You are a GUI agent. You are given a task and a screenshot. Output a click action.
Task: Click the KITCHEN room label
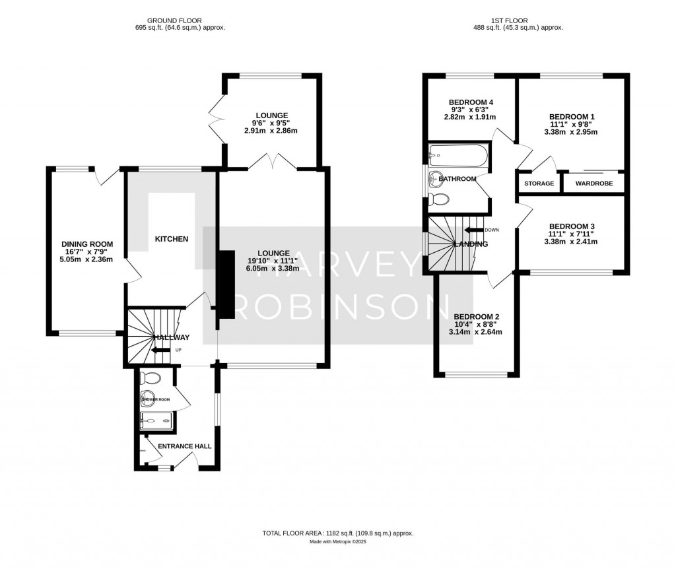(x=172, y=239)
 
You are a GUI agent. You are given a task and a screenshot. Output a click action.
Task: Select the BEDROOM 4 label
(x=471, y=102)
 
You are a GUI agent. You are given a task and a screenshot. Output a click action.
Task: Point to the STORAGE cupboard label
(x=539, y=183)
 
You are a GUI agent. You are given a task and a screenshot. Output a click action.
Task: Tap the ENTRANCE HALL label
(x=185, y=446)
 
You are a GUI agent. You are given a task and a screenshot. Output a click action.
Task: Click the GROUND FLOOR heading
(x=175, y=20)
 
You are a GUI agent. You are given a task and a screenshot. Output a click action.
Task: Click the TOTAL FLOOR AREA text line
(x=337, y=533)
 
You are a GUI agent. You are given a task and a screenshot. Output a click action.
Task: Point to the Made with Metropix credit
(x=337, y=542)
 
